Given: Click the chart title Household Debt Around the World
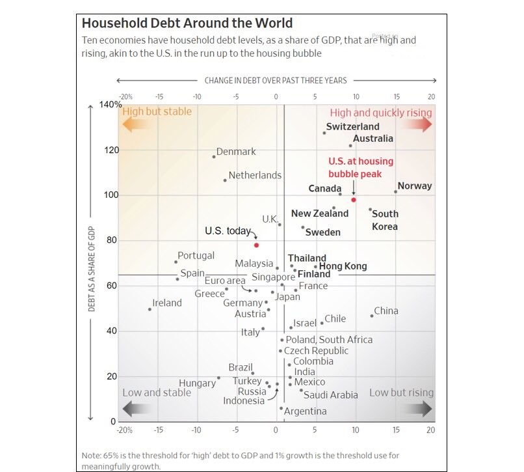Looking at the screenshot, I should point(187,24).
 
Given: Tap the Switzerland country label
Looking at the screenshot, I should point(352,126).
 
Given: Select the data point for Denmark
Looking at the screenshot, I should point(214,156).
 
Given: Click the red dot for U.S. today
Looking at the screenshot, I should point(256,245).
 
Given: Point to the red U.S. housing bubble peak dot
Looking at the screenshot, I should point(354,199).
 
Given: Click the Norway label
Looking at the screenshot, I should point(415,186).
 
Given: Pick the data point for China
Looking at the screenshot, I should point(372,316).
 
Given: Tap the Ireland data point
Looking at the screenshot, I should point(150,309).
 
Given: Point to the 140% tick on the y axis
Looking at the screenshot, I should point(111,105).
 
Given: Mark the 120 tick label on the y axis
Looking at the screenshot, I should point(111,150).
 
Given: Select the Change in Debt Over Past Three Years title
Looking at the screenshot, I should point(276,81).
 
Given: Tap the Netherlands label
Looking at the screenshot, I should point(255,175).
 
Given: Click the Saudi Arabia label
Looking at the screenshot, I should point(331,395).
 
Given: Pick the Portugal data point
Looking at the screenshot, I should point(176,262).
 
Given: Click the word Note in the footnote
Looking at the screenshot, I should point(92,455).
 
